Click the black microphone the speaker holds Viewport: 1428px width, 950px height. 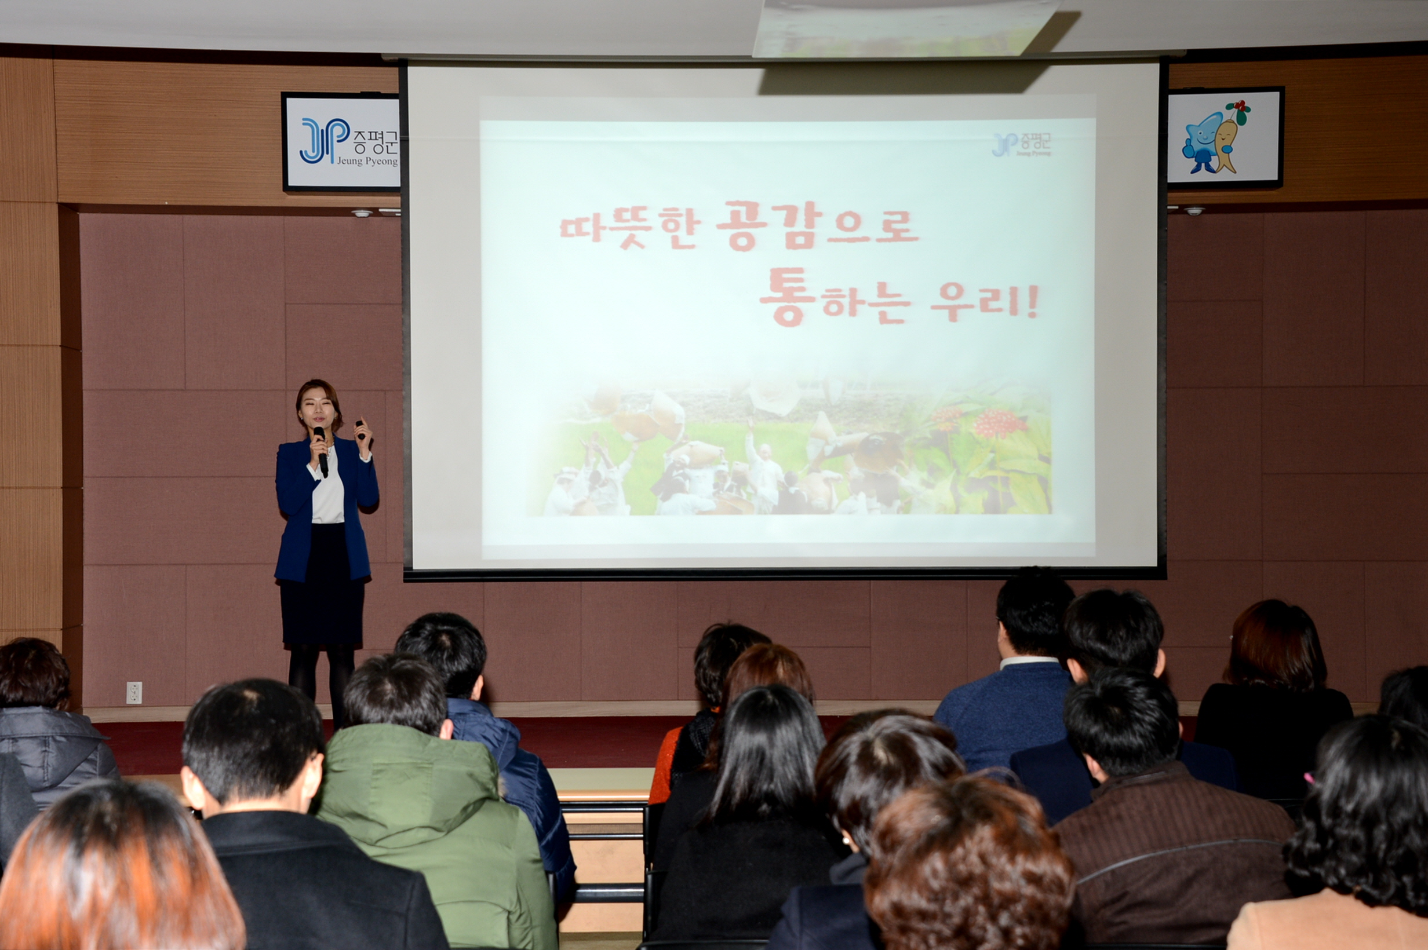tap(320, 451)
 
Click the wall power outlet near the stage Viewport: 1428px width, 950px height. tap(134, 692)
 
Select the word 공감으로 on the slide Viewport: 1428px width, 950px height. tap(817, 225)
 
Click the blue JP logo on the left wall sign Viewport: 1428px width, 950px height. tap(325, 141)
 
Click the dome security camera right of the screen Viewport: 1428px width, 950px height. tap(1193, 211)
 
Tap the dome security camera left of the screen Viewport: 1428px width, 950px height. tap(362, 213)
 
